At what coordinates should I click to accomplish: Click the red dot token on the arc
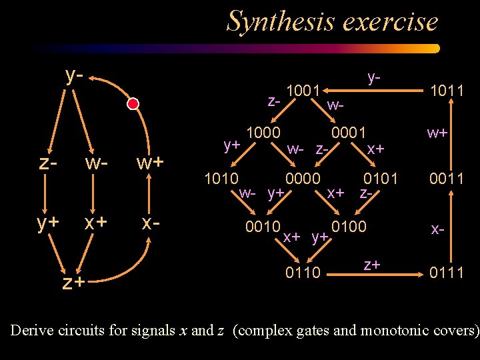[x=133, y=104]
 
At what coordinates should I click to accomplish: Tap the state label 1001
[x=304, y=90]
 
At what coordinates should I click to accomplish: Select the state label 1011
[x=447, y=90]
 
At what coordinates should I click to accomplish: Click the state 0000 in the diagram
[x=303, y=179]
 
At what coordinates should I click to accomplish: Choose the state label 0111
[x=447, y=271]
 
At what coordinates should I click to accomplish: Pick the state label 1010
[x=222, y=179]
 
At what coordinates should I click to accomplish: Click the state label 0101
[x=380, y=179]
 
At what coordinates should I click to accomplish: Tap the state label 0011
[x=447, y=179]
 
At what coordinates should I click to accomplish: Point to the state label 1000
[x=263, y=132]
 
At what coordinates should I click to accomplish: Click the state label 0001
[x=349, y=132]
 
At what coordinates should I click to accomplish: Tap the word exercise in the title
[x=391, y=21]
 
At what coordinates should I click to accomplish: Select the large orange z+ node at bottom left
[x=73, y=283]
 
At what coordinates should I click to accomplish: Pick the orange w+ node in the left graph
[x=150, y=162]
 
